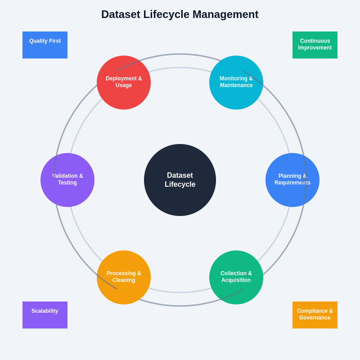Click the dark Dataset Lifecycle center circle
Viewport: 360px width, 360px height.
180,180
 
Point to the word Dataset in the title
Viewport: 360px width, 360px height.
121,14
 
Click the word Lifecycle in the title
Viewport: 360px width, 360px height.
166,14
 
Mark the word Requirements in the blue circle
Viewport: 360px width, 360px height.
292,183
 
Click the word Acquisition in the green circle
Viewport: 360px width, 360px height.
236,280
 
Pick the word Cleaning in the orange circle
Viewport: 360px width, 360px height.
124,280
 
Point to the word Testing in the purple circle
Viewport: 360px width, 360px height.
67,183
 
